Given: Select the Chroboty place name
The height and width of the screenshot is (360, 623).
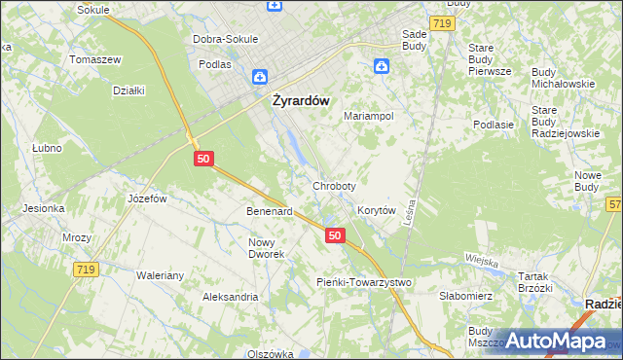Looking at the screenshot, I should [x=334, y=185].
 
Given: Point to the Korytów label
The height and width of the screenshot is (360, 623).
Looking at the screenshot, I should [x=376, y=210].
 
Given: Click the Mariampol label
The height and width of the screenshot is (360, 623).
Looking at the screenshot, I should [x=368, y=116].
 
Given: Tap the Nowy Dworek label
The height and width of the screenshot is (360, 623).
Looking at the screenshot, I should [x=266, y=248].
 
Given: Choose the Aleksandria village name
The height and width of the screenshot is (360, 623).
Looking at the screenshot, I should [x=230, y=296].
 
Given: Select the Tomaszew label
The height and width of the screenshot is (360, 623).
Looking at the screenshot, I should [x=94, y=59].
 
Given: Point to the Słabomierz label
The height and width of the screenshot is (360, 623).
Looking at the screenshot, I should [x=468, y=296].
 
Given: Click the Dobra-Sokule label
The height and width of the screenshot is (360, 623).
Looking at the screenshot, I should [x=225, y=39].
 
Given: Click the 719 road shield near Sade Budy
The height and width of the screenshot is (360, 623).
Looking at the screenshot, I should [x=443, y=21].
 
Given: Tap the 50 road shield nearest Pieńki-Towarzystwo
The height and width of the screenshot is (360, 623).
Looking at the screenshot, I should [x=335, y=235].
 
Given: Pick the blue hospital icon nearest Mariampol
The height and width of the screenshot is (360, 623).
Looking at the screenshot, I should [x=382, y=66].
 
